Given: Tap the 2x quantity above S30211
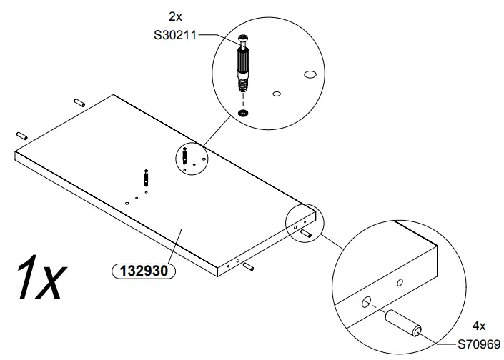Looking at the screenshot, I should [x=175, y=16].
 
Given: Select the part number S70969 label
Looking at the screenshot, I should [x=479, y=343].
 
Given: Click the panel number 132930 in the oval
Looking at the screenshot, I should [x=142, y=271].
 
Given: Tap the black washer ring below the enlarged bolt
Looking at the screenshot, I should [x=244, y=113].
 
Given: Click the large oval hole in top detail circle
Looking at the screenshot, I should [x=310, y=74].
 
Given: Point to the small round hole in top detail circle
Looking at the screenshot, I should [x=277, y=93].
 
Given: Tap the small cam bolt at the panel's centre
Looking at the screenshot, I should [x=146, y=176].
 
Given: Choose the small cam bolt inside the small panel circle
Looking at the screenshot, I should [x=185, y=154].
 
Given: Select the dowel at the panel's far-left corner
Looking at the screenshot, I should [x=21, y=134].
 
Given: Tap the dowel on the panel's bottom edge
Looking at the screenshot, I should [x=248, y=266].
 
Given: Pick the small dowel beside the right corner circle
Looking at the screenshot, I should [x=306, y=233].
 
